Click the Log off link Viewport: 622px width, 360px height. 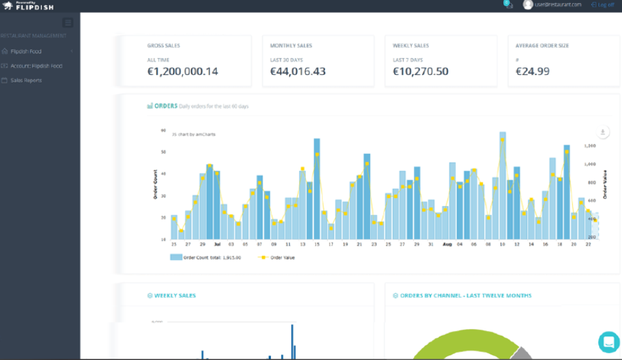point(602,5)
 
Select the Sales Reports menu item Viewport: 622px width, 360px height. point(26,80)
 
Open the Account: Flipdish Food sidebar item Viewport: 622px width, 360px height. point(36,66)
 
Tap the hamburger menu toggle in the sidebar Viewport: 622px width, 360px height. point(68,23)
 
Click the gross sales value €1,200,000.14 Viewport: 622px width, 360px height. point(182,72)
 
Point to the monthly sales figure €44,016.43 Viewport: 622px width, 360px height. point(298,72)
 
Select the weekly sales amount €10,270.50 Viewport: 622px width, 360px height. point(421,72)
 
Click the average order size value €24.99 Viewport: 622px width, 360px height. point(533,72)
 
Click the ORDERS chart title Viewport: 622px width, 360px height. point(165,106)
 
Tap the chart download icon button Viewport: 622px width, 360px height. point(602,132)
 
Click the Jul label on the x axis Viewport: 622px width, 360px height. point(217,244)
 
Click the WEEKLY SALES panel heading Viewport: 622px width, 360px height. point(175,295)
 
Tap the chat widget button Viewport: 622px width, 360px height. point(608,342)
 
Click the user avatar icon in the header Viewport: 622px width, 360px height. point(528,5)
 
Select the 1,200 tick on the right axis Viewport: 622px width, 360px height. point(590,145)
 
